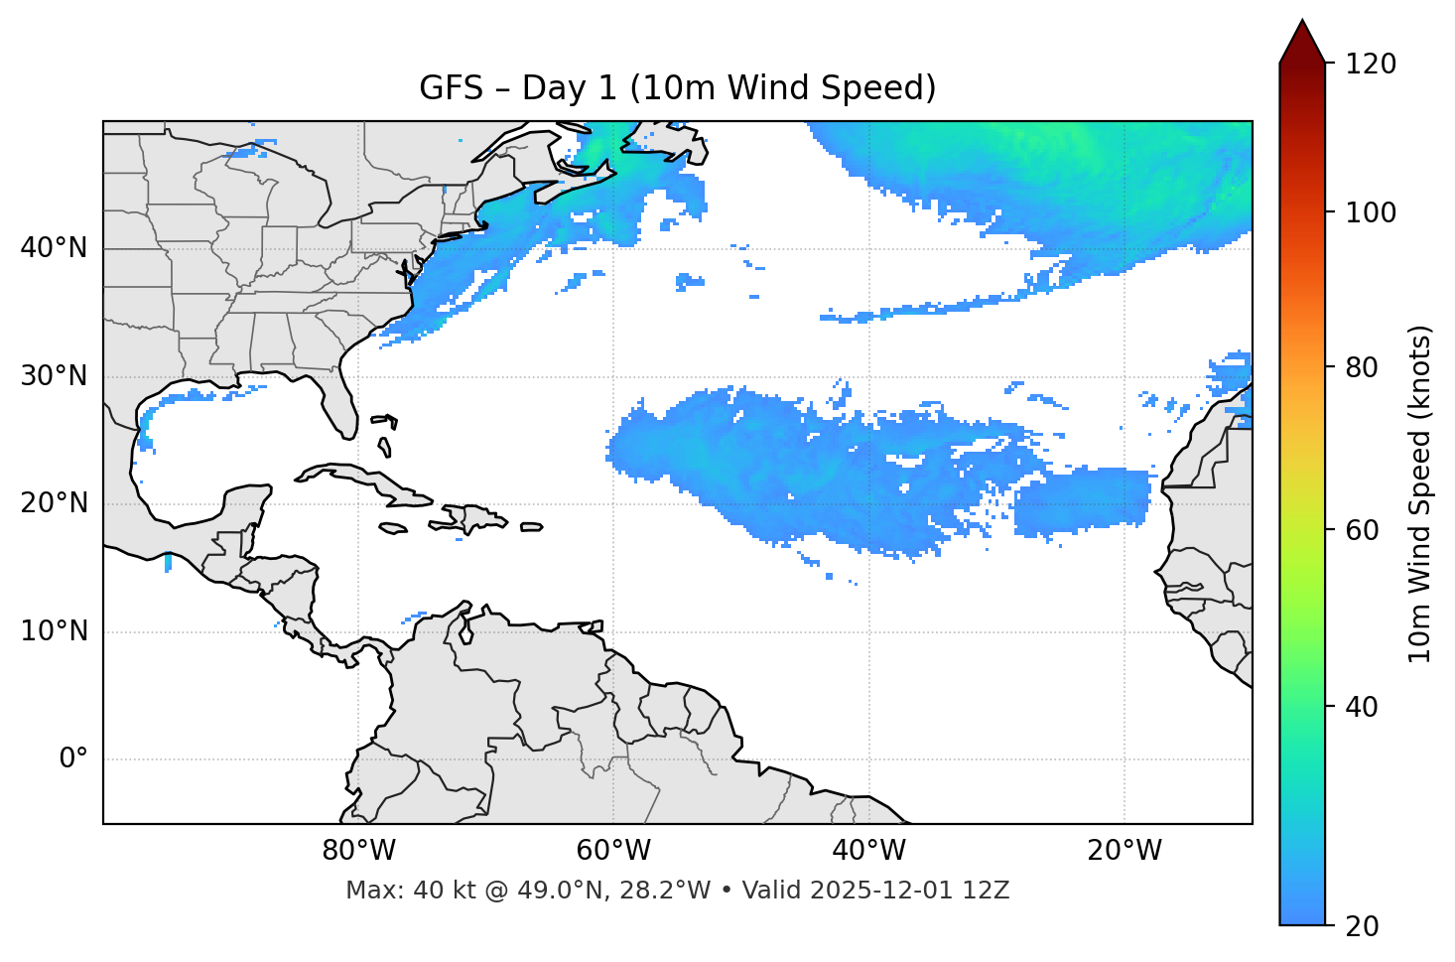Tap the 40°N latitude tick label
54,248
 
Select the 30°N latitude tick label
54,376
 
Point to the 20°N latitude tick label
54,503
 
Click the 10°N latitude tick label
54,631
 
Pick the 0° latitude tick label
72,759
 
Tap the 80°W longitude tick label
358,851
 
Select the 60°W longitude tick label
613,851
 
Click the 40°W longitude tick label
868,851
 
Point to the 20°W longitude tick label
1124,851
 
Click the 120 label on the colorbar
1371,65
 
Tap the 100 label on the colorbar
1371,212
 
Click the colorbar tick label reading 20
1362,926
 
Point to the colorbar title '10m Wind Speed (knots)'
1420,493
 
